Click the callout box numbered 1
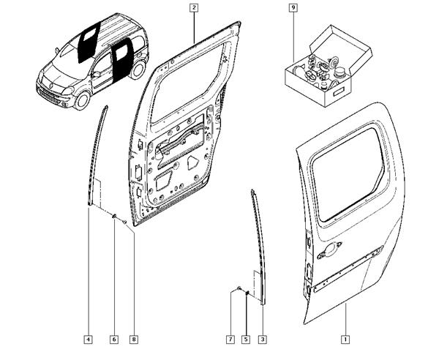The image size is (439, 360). [345, 340]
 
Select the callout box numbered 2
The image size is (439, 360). [194, 7]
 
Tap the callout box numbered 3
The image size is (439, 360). [263, 340]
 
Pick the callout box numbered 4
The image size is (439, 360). [89, 340]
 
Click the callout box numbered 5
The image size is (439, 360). [246, 340]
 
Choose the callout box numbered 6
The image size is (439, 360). [114, 340]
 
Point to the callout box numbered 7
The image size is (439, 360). [230, 340]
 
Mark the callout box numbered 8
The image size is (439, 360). [134, 340]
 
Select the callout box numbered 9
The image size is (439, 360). [293, 7]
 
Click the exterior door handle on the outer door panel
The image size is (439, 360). [329, 249]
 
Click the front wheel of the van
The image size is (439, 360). [82, 100]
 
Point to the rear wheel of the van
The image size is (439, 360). [138, 70]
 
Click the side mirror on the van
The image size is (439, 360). [96, 74]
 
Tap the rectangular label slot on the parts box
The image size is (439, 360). [339, 91]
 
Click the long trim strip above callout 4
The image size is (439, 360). [97, 156]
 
